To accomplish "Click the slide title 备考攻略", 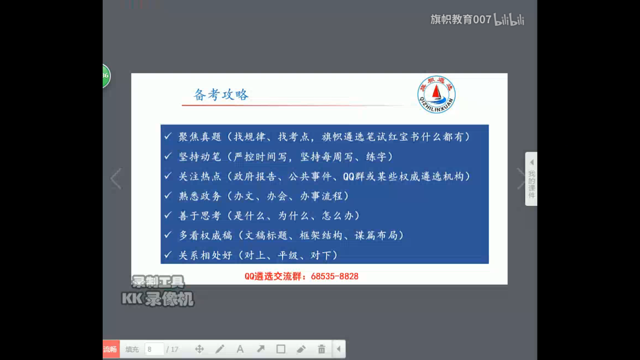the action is click(x=221, y=95).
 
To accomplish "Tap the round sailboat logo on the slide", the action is click(x=436, y=94).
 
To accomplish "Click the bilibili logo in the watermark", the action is click(x=509, y=19).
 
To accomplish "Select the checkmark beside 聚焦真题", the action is click(x=168, y=136).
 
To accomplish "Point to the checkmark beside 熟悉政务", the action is click(x=168, y=195).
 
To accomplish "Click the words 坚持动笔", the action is click(x=200, y=157).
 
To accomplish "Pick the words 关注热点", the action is click(x=200, y=176).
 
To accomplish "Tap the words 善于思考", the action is click(x=200, y=216).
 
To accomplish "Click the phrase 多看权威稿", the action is click(x=205, y=235).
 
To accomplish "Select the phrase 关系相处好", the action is click(x=205, y=255).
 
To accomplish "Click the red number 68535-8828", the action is click(x=335, y=276).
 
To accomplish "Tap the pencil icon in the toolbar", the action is click(x=220, y=349).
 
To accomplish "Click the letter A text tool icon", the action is click(x=240, y=349).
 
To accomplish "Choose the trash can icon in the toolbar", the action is click(x=322, y=349).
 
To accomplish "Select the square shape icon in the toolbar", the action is click(x=281, y=349).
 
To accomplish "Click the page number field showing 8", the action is click(x=154, y=349).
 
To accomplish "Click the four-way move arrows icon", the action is click(x=199, y=349).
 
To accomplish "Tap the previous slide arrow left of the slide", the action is click(x=116, y=179).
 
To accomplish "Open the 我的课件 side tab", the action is click(x=531, y=179).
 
